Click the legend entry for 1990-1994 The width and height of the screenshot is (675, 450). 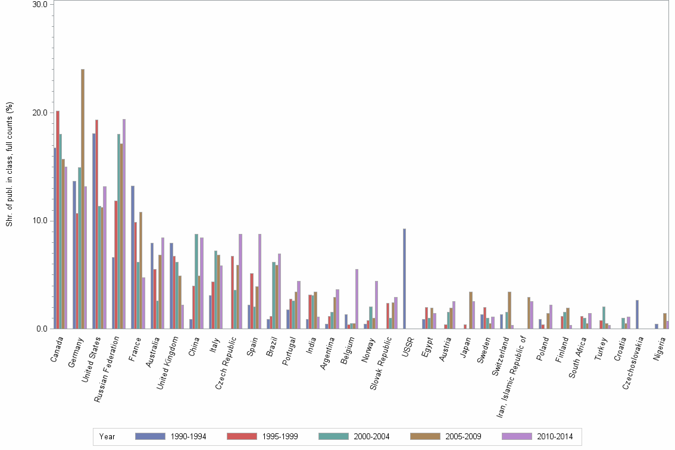171,436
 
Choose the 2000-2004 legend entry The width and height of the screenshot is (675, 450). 355,436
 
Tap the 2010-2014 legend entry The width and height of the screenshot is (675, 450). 538,436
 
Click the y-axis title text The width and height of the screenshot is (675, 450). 9,164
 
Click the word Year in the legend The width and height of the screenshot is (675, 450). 108,436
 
